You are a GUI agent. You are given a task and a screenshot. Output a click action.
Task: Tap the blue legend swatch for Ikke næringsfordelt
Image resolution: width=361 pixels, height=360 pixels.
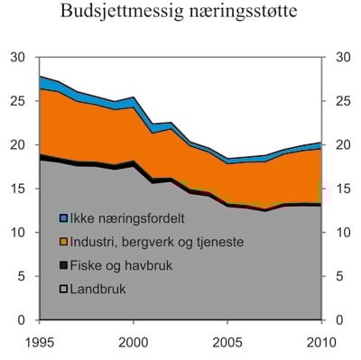[63, 219]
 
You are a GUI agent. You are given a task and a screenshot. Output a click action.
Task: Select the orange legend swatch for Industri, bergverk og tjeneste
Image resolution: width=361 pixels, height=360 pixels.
[63, 243]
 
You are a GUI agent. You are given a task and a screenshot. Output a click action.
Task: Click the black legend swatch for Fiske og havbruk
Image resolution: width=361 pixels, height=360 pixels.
[63, 266]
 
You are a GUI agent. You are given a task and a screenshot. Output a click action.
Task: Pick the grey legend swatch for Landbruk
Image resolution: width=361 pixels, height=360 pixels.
[63, 290]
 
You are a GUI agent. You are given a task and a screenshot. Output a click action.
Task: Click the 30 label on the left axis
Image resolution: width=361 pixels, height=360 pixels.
[17, 58]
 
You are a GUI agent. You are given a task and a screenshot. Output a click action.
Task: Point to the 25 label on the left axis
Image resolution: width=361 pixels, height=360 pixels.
[17, 101]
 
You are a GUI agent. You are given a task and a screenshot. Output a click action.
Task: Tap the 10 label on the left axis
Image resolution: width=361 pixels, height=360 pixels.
[17, 233]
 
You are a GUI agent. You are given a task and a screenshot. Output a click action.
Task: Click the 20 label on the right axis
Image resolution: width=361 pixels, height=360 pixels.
[343, 145]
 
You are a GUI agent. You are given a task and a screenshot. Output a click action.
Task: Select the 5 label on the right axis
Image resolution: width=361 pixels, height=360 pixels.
[339, 277]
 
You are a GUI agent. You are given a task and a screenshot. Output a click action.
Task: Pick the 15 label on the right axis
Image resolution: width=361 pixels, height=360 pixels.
[343, 189]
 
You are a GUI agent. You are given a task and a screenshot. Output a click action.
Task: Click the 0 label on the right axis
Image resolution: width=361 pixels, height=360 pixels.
[339, 320]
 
